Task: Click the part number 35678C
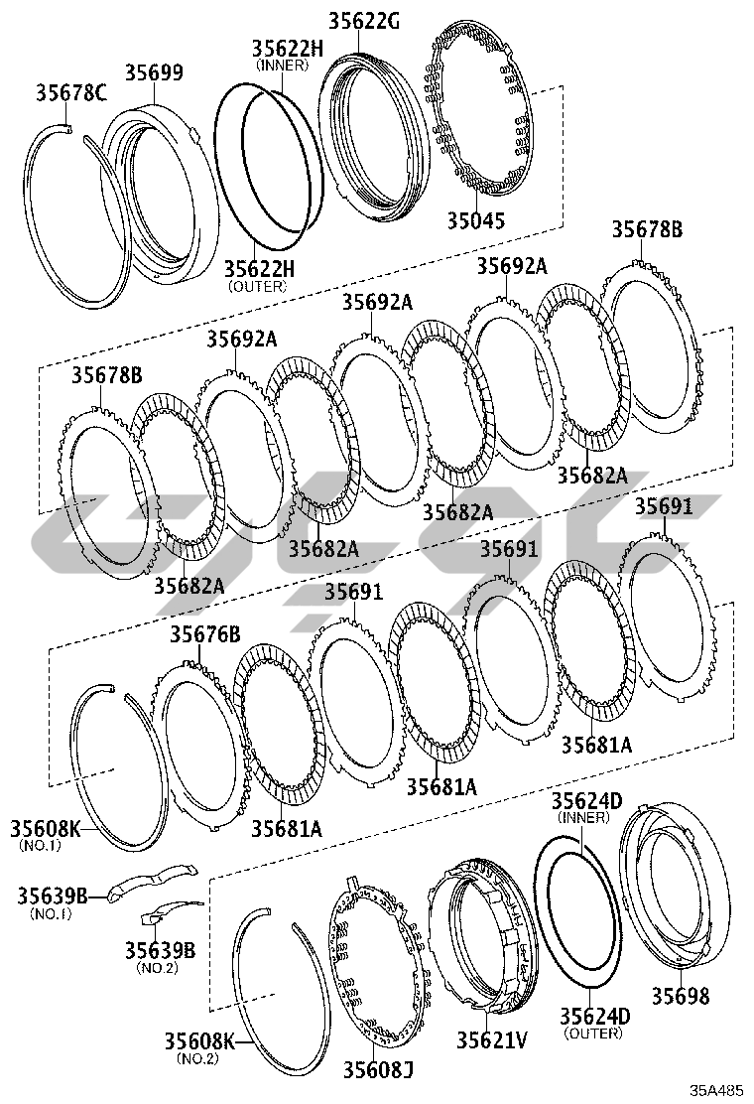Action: (x=71, y=92)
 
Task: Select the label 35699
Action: (x=155, y=72)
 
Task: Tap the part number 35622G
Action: (x=364, y=21)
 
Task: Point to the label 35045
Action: (x=476, y=220)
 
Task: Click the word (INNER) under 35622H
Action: (x=282, y=65)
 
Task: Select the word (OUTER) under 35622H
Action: (x=257, y=286)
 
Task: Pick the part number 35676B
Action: (x=204, y=634)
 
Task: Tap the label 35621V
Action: (x=492, y=1038)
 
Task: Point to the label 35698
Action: (x=681, y=996)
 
